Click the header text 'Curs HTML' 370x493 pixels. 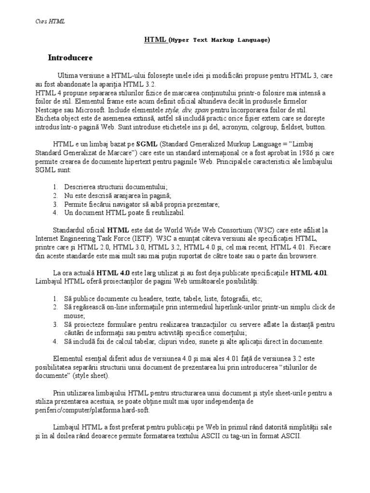(51, 21)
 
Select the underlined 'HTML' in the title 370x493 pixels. (155, 40)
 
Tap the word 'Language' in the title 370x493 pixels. (251, 40)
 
